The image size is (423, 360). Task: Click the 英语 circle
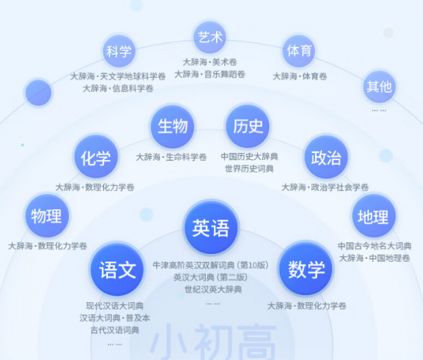point(211,228)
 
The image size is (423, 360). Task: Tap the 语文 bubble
point(117,270)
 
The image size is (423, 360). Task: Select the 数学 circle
point(306,269)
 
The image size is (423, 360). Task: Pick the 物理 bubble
point(47,216)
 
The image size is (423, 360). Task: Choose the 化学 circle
point(96,158)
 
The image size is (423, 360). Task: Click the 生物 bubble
point(172,126)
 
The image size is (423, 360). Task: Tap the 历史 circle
point(248,126)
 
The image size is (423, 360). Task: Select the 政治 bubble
point(326,158)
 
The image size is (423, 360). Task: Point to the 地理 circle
point(374,216)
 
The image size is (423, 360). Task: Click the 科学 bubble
point(119,51)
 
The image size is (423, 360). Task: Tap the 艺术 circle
point(210,37)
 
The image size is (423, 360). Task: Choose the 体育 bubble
point(299,51)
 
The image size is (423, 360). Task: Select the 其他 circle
point(379,87)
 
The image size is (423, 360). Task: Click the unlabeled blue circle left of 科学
point(38,92)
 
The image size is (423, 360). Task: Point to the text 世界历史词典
point(249,169)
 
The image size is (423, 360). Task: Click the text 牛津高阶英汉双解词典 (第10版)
point(210,265)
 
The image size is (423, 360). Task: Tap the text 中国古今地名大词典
point(374,246)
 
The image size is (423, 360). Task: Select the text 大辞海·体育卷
point(300,76)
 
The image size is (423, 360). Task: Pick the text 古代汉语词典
point(115,330)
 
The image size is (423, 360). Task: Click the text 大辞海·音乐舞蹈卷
point(210,74)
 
